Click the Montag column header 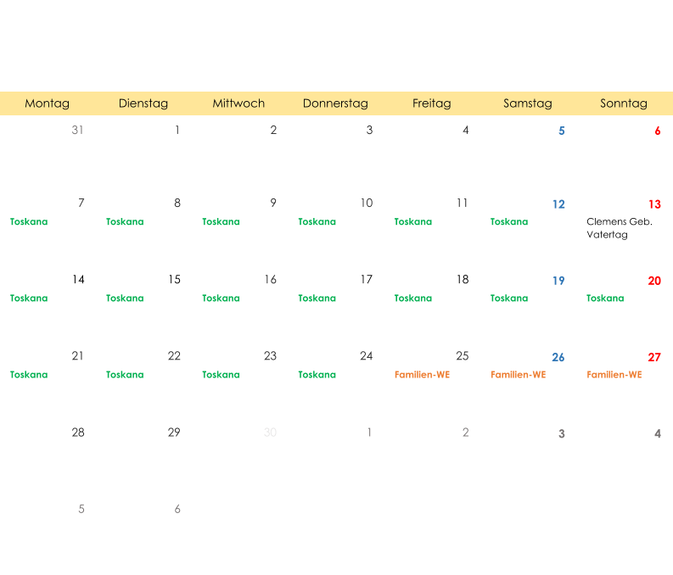click(x=48, y=103)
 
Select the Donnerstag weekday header click(x=335, y=103)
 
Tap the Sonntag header click(x=624, y=103)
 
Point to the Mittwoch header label click(x=238, y=103)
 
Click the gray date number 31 click(x=78, y=130)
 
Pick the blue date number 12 click(x=558, y=204)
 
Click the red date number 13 click(x=654, y=204)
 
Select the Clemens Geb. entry click(x=620, y=221)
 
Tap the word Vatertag click(x=608, y=235)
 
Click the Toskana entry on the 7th click(x=29, y=221)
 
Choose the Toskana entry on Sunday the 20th click(x=605, y=298)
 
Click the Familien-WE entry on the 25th click(x=423, y=375)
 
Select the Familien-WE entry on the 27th click(x=614, y=375)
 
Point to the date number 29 click(x=174, y=433)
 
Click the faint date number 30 click(x=270, y=433)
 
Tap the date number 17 click(x=366, y=280)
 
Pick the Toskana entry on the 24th click(x=317, y=375)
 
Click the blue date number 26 click(x=558, y=357)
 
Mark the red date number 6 click(x=658, y=131)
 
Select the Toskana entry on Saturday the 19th click(x=509, y=298)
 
